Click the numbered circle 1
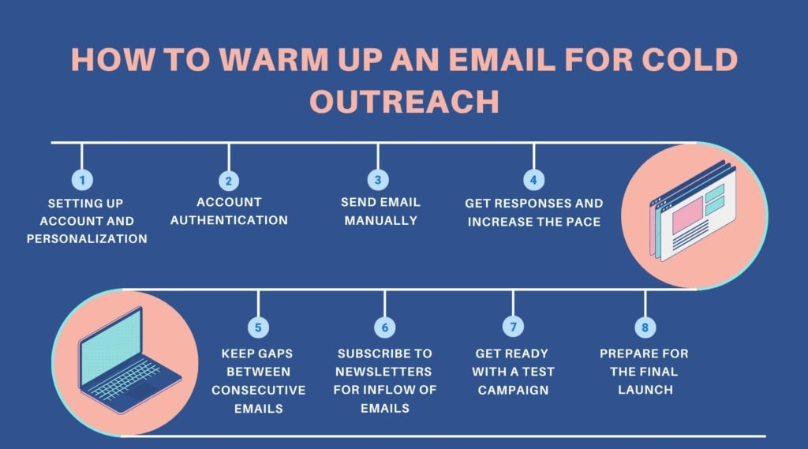pos(82,180)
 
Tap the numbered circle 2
pos(229,181)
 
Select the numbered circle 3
pos(378,180)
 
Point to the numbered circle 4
pos(533,180)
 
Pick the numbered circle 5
pos(258,326)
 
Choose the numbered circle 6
pos(384,326)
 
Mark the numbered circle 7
pos(513,326)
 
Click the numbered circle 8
pos(645,326)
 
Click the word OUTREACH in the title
pos(403,103)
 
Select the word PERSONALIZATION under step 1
pos(87,238)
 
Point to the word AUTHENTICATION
pos(229,220)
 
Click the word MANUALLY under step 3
pos(380,220)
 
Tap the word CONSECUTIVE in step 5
pos(258,390)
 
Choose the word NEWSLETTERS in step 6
pos(384,371)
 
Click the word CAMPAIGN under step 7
pos(513,390)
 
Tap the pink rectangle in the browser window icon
pos(687,215)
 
